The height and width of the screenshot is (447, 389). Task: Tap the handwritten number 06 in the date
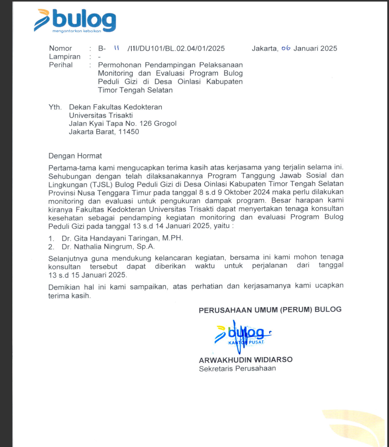coord(286,48)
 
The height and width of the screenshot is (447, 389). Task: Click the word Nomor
coord(60,48)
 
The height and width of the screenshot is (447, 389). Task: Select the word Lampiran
coord(65,57)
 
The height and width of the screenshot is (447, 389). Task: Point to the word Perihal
coord(61,65)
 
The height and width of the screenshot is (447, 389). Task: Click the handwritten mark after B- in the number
coord(116,48)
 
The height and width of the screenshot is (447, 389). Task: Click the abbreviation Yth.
coord(55,107)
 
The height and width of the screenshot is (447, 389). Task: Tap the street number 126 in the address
coord(145,124)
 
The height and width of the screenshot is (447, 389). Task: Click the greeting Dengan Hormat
coord(75,156)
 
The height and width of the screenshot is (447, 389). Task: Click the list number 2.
coord(51,247)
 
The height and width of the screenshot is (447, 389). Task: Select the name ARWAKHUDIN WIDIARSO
coord(246,360)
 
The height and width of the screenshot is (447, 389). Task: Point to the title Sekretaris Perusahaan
coord(237,369)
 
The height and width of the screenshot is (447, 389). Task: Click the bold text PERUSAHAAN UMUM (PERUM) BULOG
coord(270,310)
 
